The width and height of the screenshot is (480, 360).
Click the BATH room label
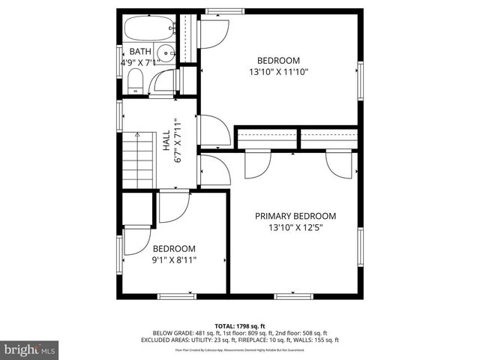(139, 52)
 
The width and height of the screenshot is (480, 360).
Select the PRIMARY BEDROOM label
(295, 216)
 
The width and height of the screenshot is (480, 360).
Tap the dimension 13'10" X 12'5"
(295, 228)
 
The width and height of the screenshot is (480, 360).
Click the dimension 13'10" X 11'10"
(279, 73)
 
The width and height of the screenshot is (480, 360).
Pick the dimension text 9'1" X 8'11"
(174, 261)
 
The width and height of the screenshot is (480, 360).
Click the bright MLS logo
(29, 349)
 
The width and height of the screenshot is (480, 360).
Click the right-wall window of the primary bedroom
(360, 250)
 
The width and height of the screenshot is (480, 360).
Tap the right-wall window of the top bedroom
(360, 81)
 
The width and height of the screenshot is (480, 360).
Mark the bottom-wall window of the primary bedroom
(293, 296)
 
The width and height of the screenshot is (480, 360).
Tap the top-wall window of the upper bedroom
(217, 10)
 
